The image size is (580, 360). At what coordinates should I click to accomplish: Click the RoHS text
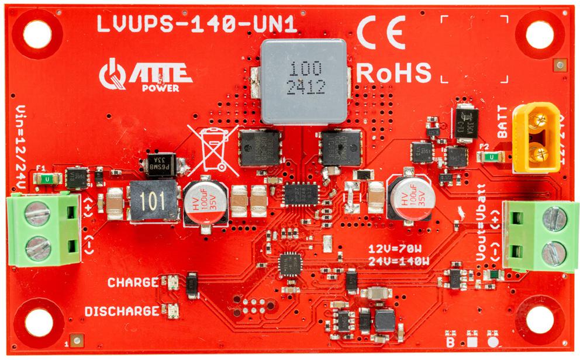pos(393,72)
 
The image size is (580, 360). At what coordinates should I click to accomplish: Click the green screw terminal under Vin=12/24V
pos(43,230)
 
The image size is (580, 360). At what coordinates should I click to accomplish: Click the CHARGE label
pos(133,283)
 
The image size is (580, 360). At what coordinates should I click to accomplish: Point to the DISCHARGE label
pos(122,311)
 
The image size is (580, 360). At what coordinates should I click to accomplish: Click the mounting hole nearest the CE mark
pos(539,35)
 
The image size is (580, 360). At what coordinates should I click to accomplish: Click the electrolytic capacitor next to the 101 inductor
pos(205,202)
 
